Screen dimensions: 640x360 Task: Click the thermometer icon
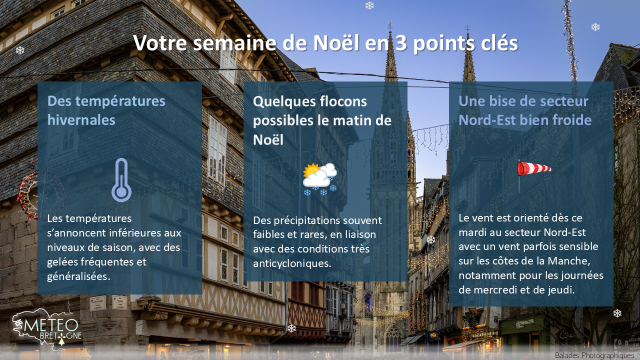point(121,180)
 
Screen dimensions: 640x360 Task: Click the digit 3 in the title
point(401,43)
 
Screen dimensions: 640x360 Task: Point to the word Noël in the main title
point(336,43)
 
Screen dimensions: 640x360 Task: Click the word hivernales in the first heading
point(81,119)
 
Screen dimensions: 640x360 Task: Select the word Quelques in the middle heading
point(281,102)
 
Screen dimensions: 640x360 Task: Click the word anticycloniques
point(292,263)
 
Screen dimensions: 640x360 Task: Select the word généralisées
point(78,276)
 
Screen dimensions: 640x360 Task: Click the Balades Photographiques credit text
point(594,355)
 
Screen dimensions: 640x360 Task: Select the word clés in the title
point(499,43)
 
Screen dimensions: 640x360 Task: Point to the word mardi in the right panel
point(471,232)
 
